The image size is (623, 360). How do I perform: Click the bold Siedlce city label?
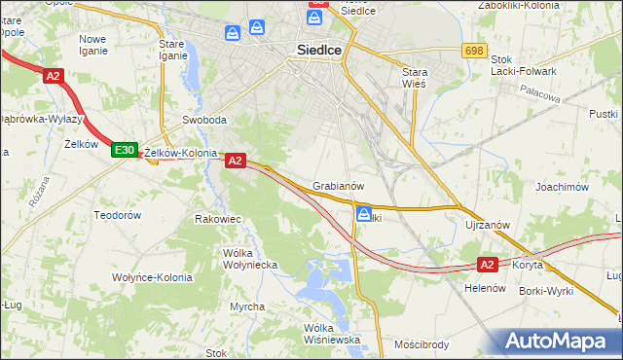click(x=319, y=55)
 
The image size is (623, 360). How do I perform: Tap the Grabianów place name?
click(x=338, y=186)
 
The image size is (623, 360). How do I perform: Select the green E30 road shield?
click(x=123, y=150)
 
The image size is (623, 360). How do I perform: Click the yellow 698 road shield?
click(x=474, y=50)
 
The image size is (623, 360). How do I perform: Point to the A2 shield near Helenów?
click(x=488, y=264)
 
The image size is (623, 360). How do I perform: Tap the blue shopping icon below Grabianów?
click(x=363, y=214)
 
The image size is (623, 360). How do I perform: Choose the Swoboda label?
click(x=204, y=121)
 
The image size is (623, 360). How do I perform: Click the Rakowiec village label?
click(x=218, y=220)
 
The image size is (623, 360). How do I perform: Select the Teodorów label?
click(x=118, y=214)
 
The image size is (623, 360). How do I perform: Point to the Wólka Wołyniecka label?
click(x=250, y=258)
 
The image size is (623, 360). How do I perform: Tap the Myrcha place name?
click(x=247, y=307)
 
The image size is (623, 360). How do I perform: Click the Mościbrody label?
click(x=421, y=344)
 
